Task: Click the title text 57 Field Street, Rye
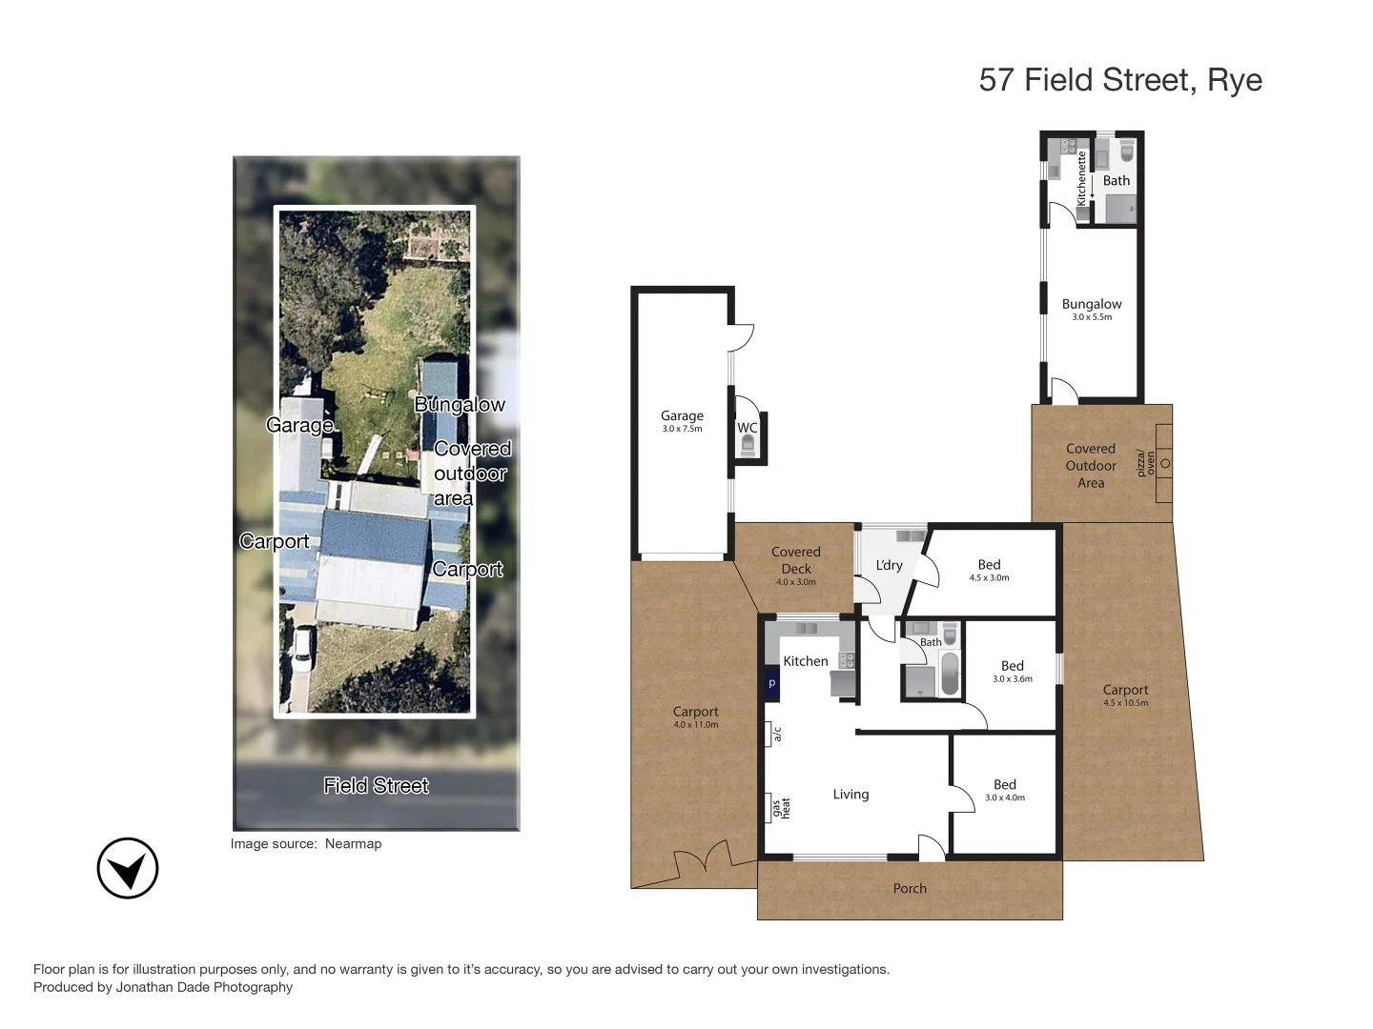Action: pos(1120,80)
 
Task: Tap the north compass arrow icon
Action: pos(128,868)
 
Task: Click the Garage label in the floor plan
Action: pos(682,415)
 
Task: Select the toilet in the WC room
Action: pos(748,445)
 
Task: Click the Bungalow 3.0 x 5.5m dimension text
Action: pos(1092,317)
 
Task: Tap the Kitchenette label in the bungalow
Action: pos(1081,178)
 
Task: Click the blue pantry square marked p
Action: pos(772,683)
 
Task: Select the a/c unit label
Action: pos(777,734)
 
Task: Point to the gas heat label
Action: pos(781,808)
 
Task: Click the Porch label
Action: pos(910,888)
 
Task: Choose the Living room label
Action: pos(850,794)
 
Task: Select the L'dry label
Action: pos(889,565)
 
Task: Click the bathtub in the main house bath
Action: pos(950,673)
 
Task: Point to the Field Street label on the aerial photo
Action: pos(376,785)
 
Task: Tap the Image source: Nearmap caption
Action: pos(305,843)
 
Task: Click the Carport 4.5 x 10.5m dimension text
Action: pos(1125,703)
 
